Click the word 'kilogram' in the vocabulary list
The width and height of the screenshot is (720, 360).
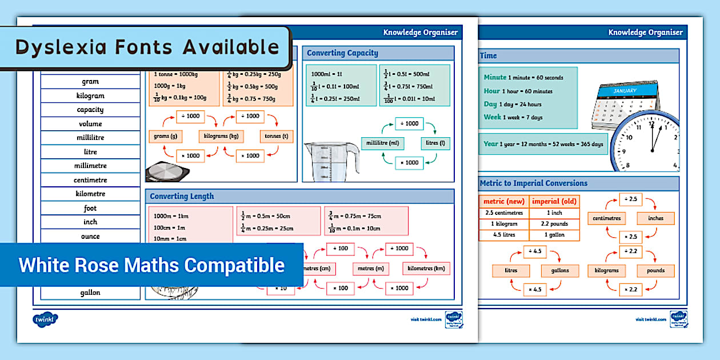click(90, 95)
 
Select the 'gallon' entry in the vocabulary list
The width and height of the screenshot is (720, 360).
click(90, 293)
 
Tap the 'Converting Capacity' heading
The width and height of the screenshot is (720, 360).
click(342, 53)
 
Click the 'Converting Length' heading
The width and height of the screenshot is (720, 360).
click(182, 196)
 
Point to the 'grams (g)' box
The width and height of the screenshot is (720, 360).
click(165, 137)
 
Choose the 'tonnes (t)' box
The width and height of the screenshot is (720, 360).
click(277, 137)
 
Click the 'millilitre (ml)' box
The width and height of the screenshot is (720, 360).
click(382, 143)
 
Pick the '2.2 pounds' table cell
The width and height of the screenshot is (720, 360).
click(554, 224)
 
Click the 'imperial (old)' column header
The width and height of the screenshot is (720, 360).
click(554, 201)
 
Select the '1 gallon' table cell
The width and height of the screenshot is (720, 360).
click(554, 235)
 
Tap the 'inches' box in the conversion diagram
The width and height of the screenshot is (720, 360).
click(655, 218)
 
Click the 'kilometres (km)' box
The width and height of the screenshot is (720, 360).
click(426, 269)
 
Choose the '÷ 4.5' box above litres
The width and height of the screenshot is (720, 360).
click(536, 252)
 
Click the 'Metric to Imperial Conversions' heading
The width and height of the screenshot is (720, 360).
click(534, 183)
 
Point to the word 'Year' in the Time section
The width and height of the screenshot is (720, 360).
click(491, 144)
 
